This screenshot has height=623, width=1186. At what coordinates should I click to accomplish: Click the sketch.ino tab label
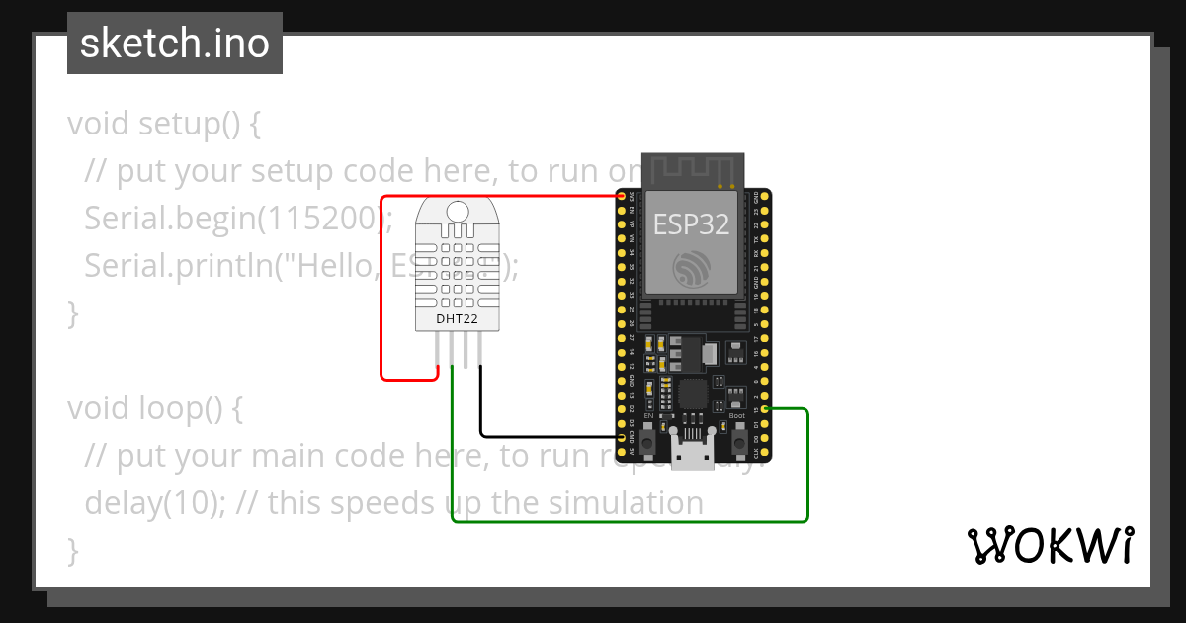point(175,44)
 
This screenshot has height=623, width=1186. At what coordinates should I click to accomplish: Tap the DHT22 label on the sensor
point(457,319)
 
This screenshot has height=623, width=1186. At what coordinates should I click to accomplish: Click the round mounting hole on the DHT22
point(458,211)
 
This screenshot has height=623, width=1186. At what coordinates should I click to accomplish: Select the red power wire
point(381,297)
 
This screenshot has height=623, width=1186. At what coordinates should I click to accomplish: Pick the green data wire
point(633,521)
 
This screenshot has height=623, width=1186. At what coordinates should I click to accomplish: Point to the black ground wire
point(544,436)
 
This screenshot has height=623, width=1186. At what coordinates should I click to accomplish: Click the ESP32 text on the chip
point(691,223)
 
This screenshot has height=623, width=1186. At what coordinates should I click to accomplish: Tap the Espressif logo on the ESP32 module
point(691,269)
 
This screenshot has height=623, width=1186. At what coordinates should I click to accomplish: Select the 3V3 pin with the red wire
point(622,196)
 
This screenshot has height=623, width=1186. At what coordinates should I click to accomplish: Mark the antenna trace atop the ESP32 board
point(691,169)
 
